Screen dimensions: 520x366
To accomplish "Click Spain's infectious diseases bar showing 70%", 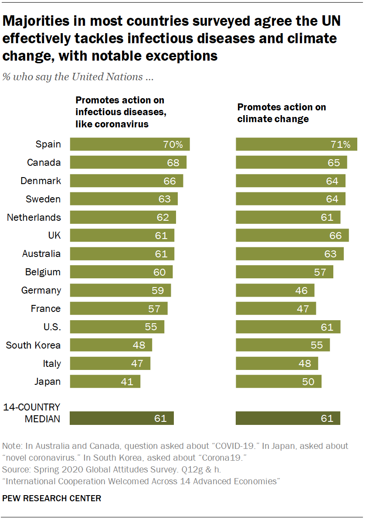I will (129, 144).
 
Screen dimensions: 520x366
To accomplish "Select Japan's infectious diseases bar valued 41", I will (105, 382).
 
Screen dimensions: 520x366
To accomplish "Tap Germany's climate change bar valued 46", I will (275, 291).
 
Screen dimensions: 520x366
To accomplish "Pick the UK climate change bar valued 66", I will (292, 236).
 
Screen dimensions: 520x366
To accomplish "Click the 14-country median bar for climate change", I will (288, 418).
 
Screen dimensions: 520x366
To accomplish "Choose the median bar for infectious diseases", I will (122, 418).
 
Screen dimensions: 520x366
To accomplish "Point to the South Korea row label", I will (33, 346).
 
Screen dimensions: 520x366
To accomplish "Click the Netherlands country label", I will (34, 217).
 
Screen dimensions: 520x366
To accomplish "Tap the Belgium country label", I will (43, 272).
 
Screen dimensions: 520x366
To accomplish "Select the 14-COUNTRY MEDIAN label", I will (32, 413).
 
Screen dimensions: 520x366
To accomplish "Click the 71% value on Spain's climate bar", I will (340, 144).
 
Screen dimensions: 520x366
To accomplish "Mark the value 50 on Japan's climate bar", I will (308, 382).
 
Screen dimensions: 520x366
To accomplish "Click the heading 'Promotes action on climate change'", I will (281, 113).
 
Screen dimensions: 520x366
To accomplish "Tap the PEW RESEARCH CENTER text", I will (52, 498).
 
